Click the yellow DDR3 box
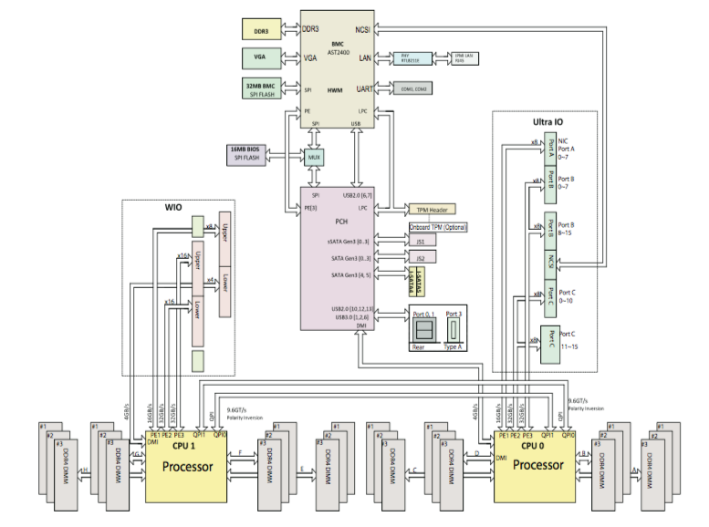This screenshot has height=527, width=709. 262,30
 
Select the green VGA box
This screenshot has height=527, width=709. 262,58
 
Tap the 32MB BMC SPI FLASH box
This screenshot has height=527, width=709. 262,89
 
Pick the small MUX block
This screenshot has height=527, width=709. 315,156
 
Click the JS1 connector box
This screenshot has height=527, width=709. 421,242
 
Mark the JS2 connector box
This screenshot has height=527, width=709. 421,258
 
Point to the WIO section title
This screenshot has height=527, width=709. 173,208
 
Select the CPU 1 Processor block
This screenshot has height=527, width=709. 186,464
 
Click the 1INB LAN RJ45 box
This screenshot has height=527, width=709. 465,58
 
